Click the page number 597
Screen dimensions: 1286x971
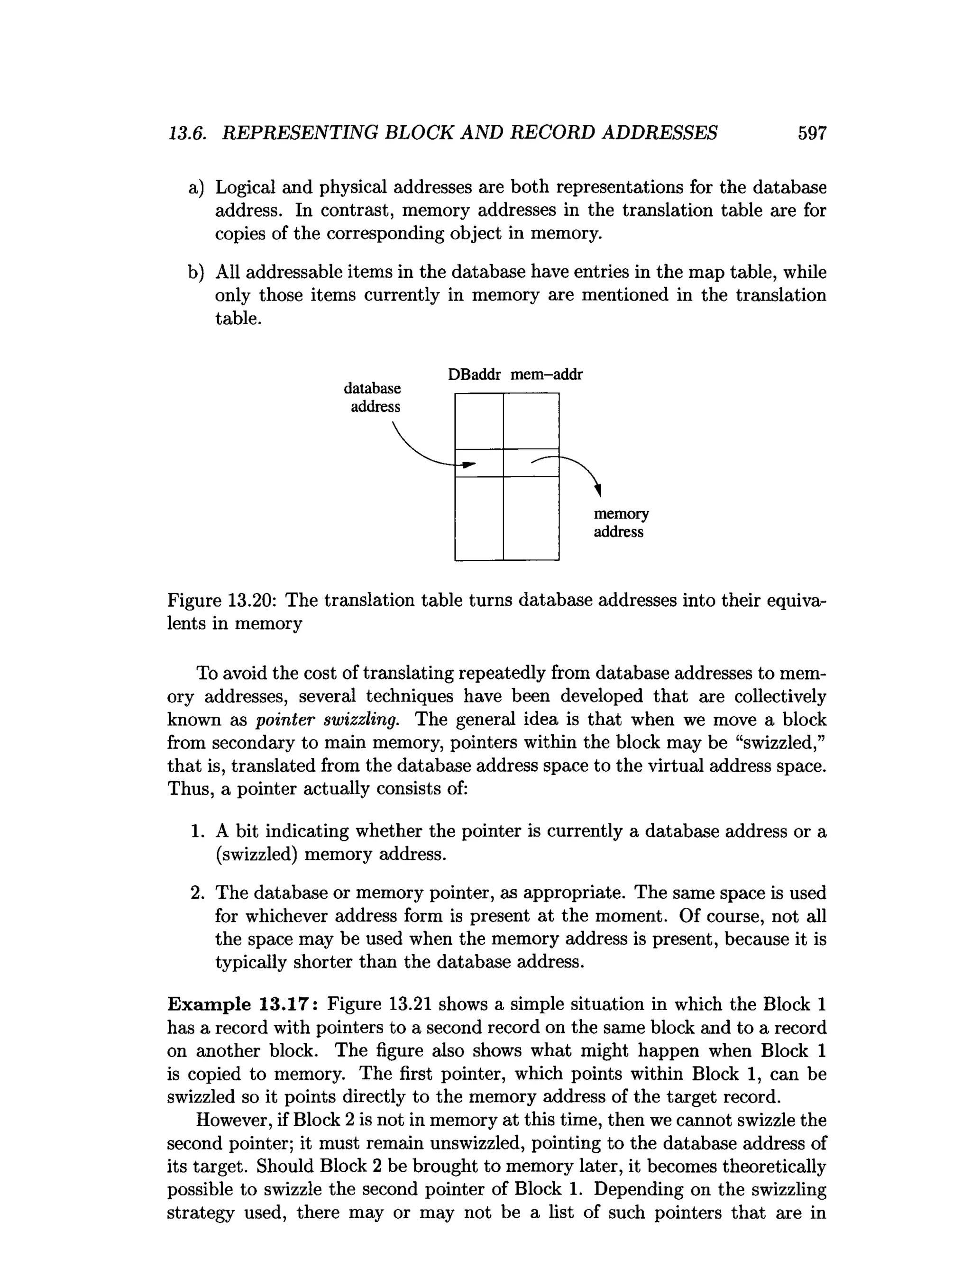pyautogui.click(x=812, y=133)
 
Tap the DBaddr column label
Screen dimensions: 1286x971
pyautogui.click(x=474, y=374)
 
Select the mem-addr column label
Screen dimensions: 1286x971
pyautogui.click(x=546, y=374)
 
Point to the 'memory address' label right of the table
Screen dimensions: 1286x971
pyautogui.click(x=621, y=523)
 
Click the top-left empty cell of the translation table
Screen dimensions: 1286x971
pyautogui.click(x=478, y=421)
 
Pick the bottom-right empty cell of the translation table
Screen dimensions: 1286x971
pyautogui.click(x=531, y=518)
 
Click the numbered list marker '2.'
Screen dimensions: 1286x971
pyautogui.click(x=197, y=893)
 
